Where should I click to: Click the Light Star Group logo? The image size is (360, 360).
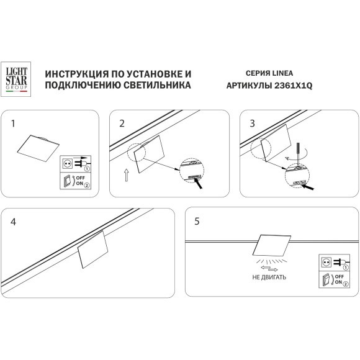17,79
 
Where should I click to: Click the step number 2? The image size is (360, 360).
122,124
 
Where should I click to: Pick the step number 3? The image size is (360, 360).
252,124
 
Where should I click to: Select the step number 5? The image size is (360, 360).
197,221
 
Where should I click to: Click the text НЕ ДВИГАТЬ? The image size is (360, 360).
269,276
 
